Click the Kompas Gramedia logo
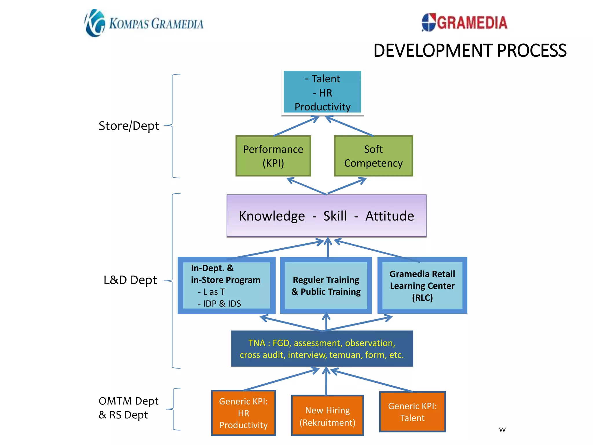click(x=144, y=23)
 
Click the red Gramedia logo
click(x=464, y=22)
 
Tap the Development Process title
click(x=470, y=51)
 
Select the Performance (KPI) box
click(x=273, y=156)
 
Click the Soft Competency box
click(x=373, y=156)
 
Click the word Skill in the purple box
click(x=335, y=216)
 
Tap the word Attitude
click(x=389, y=216)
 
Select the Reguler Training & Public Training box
click(x=326, y=285)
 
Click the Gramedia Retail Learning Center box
click(x=422, y=285)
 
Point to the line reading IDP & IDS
click(x=219, y=304)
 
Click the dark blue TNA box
click(x=322, y=349)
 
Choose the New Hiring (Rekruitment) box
click(x=327, y=416)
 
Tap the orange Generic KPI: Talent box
click(x=412, y=412)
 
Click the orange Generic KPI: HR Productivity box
click(x=243, y=413)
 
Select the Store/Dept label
click(x=129, y=126)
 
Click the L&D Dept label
click(x=130, y=280)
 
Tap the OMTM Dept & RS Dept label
click(x=128, y=408)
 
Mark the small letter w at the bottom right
click(x=502, y=430)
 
